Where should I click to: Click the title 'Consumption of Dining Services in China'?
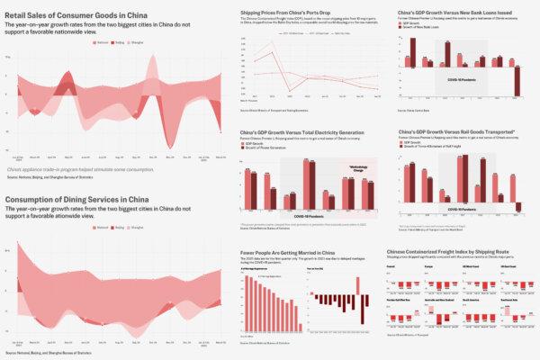click(77, 199)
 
